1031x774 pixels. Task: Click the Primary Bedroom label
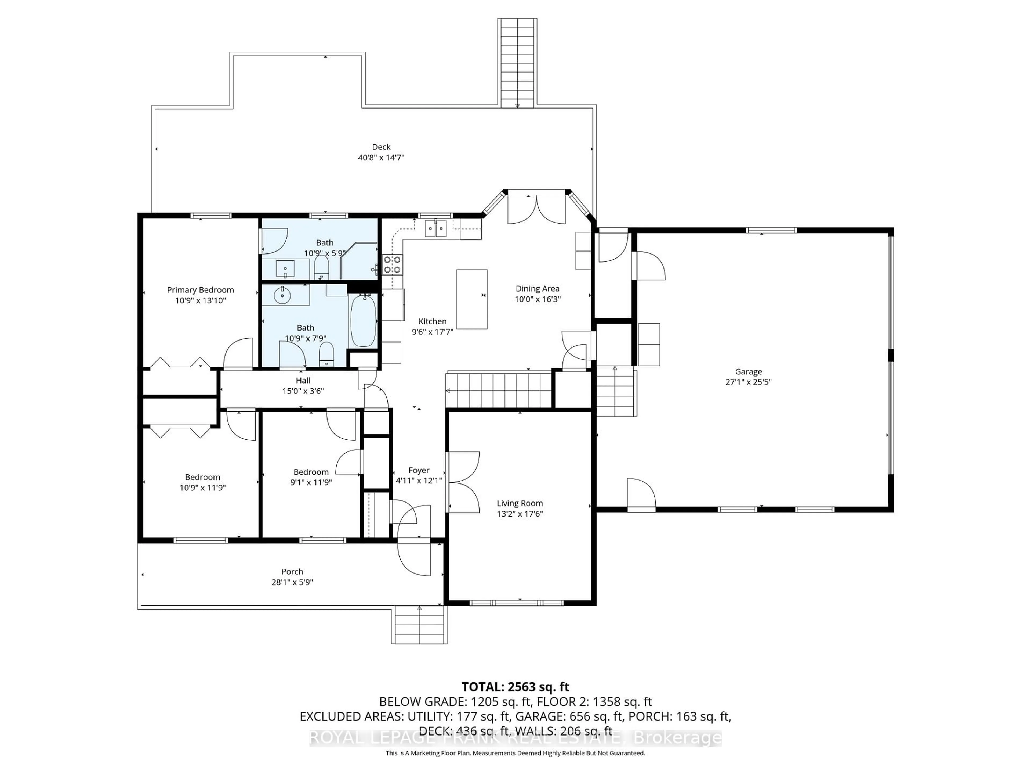200,290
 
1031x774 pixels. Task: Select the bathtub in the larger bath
363,321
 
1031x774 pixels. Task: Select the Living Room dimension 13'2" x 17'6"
520,514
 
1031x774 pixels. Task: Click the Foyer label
419,470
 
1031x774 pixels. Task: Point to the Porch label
292,572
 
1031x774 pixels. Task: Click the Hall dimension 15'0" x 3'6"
303,391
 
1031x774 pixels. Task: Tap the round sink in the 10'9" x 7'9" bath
282,295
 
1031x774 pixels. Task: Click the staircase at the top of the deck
517,63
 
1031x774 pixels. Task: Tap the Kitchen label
432,321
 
